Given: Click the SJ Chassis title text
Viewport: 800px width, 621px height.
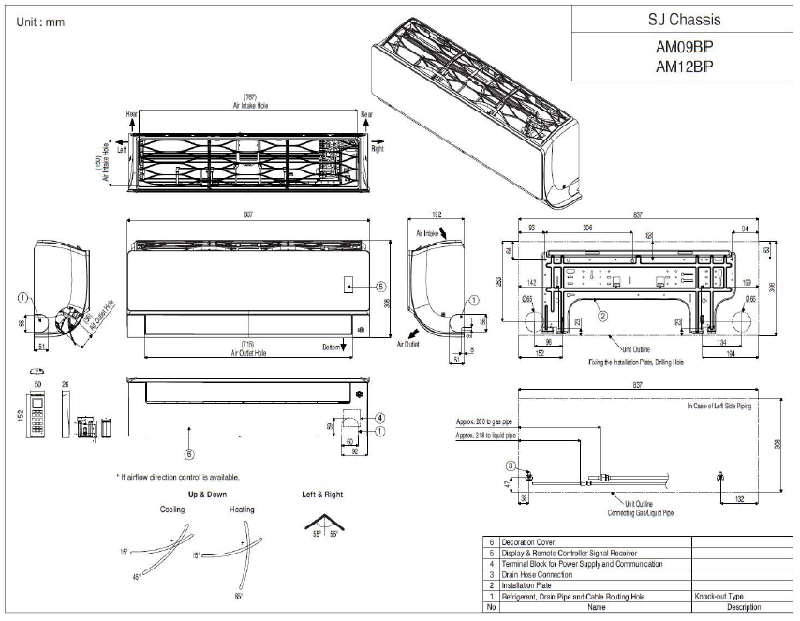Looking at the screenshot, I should pos(685,19).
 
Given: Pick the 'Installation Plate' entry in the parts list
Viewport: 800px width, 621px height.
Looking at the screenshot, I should pos(529,584).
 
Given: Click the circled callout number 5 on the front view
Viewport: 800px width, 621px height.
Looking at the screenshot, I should pos(380,286).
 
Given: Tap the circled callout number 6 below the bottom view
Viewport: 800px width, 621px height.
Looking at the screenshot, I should pos(189,455).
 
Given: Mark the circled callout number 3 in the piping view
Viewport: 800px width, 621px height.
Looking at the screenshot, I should pos(510,466).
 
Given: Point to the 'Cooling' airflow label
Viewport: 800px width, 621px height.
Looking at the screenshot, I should pos(172,510).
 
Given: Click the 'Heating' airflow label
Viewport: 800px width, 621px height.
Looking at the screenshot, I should pos(242,510).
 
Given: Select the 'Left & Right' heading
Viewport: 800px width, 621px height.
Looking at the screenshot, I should pos(322,494).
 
